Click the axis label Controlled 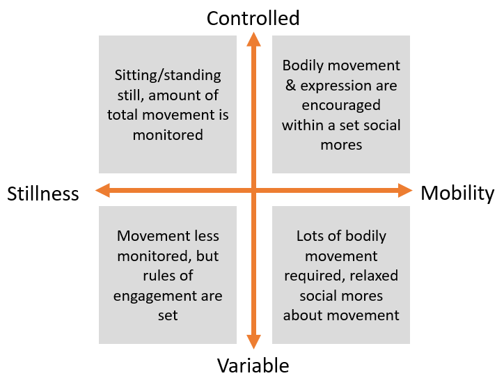tap(253, 17)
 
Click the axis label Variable tap(253, 366)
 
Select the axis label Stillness tap(43, 194)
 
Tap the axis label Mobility tap(457, 193)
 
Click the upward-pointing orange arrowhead tap(253, 39)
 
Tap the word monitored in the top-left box tap(168, 134)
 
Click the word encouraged tap(341, 106)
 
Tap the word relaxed tap(372, 276)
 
